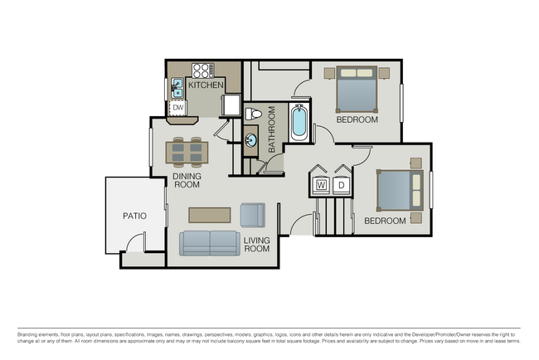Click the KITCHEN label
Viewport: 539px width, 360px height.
coord(206,85)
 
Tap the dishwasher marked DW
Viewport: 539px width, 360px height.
coord(177,107)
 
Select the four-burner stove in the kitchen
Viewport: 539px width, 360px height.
coord(203,70)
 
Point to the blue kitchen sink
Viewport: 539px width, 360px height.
coord(177,86)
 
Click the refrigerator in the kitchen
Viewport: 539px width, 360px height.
coord(231,106)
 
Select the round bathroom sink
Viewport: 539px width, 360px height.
coord(251,139)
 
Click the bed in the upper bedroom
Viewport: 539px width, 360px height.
coord(357,89)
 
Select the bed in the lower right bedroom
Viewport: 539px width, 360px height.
coord(397,191)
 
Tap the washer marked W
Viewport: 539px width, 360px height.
coord(321,185)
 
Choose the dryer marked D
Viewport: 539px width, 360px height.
coord(342,185)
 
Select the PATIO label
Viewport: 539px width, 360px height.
coord(134,216)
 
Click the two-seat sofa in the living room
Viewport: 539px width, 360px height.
coord(210,242)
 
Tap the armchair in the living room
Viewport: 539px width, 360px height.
coord(252,215)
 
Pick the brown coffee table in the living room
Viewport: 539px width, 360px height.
coord(209,215)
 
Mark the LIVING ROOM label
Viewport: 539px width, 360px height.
coord(257,244)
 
